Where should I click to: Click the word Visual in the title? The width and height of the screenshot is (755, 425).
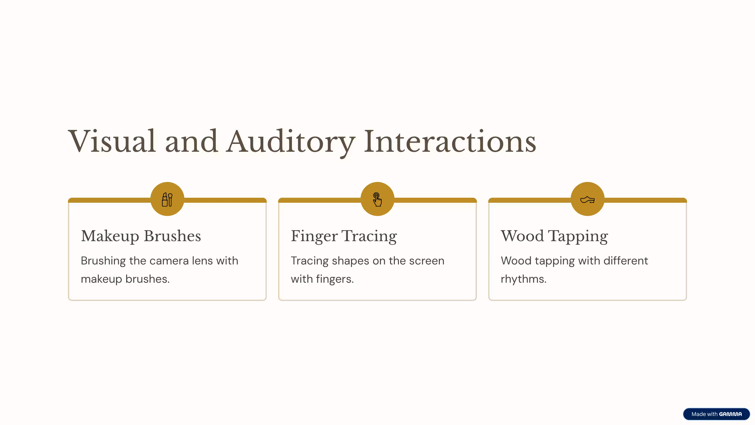[112, 141]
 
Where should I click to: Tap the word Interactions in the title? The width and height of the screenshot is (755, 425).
[450, 141]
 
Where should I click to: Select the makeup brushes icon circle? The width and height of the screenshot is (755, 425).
[167, 199]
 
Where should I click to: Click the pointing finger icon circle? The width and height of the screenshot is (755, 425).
[377, 199]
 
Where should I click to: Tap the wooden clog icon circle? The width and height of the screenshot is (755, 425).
[588, 199]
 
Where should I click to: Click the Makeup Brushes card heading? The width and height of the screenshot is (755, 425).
[141, 236]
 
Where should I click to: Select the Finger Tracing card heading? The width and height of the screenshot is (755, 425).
[344, 236]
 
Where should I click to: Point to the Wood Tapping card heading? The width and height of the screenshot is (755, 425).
[554, 236]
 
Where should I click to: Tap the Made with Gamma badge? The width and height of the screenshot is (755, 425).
[717, 414]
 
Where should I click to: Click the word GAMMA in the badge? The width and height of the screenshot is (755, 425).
[730, 414]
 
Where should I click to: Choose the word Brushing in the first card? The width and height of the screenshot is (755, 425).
[103, 261]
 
